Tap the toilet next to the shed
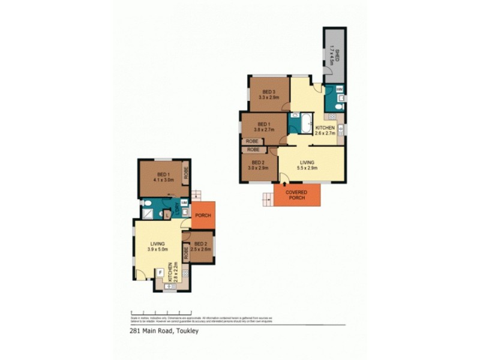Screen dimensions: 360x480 point(337,106)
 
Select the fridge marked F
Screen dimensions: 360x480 point(160,272)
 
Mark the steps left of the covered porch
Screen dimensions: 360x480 point(266,199)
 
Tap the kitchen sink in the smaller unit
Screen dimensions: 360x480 point(169,286)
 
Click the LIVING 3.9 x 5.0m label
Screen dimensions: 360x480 point(158,246)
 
